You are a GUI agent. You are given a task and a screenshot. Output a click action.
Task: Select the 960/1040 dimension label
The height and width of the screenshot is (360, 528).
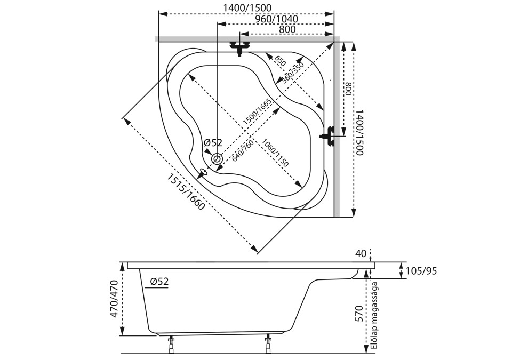(x=276, y=19)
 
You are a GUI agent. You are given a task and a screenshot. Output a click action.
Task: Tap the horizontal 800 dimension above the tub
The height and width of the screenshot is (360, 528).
(x=287, y=29)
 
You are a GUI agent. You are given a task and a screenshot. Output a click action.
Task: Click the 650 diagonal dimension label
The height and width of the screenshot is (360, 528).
(x=280, y=60)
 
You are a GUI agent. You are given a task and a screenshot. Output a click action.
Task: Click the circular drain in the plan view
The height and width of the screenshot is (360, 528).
(x=217, y=159)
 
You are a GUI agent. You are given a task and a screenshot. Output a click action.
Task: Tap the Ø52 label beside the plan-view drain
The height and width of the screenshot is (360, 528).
(x=213, y=142)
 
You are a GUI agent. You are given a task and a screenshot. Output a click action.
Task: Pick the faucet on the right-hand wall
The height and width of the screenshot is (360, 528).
(x=328, y=135)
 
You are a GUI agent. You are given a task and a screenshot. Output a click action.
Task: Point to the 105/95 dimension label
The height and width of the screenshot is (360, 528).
(x=421, y=271)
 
